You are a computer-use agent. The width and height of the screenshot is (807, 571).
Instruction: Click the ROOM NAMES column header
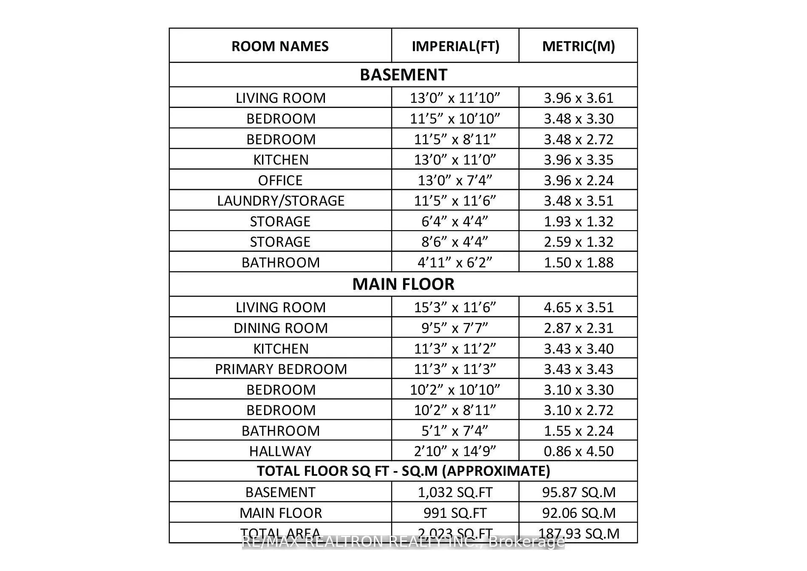click(x=280, y=46)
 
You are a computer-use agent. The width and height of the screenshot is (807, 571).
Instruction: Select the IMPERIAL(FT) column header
click(x=455, y=46)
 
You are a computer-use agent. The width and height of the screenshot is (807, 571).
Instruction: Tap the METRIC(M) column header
click(x=578, y=46)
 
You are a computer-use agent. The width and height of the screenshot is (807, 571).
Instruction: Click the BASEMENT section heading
click(x=403, y=75)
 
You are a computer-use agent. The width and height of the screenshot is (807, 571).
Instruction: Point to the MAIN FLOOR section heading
click(x=403, y=284)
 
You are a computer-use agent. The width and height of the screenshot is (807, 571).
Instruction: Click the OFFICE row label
click(x=280, y=180)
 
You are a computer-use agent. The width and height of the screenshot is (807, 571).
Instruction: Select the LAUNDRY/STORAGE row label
click(x=280, y=201)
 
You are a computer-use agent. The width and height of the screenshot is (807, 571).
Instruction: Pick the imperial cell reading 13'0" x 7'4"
click(x=455, y=180)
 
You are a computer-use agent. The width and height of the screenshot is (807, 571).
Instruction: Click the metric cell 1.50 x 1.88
click(x=578, y=263)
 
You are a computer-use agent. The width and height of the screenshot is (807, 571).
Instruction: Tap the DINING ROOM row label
click(x=280, y=328)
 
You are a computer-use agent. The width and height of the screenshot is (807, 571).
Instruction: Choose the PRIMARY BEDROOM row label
click(x=281, y=369)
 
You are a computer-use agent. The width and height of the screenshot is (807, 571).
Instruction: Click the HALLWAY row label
click(x=280, y=451)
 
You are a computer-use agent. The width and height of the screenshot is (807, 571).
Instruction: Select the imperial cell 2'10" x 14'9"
click(x=455, y=451)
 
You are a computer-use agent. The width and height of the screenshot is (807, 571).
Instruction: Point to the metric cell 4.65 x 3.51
click(x=578, y=308)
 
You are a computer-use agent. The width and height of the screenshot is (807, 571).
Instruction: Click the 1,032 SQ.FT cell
click(x=455, y=492)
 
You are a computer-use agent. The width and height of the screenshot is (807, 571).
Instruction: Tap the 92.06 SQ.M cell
click(x=578, y=513)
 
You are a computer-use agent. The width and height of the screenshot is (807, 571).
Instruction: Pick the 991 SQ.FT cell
click(x=455, y=513)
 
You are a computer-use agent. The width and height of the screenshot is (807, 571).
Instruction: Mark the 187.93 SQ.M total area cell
click(x=578, y=533)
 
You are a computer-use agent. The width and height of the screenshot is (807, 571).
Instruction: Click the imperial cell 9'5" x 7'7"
click(x=455, y=328)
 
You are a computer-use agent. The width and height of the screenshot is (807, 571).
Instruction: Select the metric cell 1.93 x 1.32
click(x=578, y=221)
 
